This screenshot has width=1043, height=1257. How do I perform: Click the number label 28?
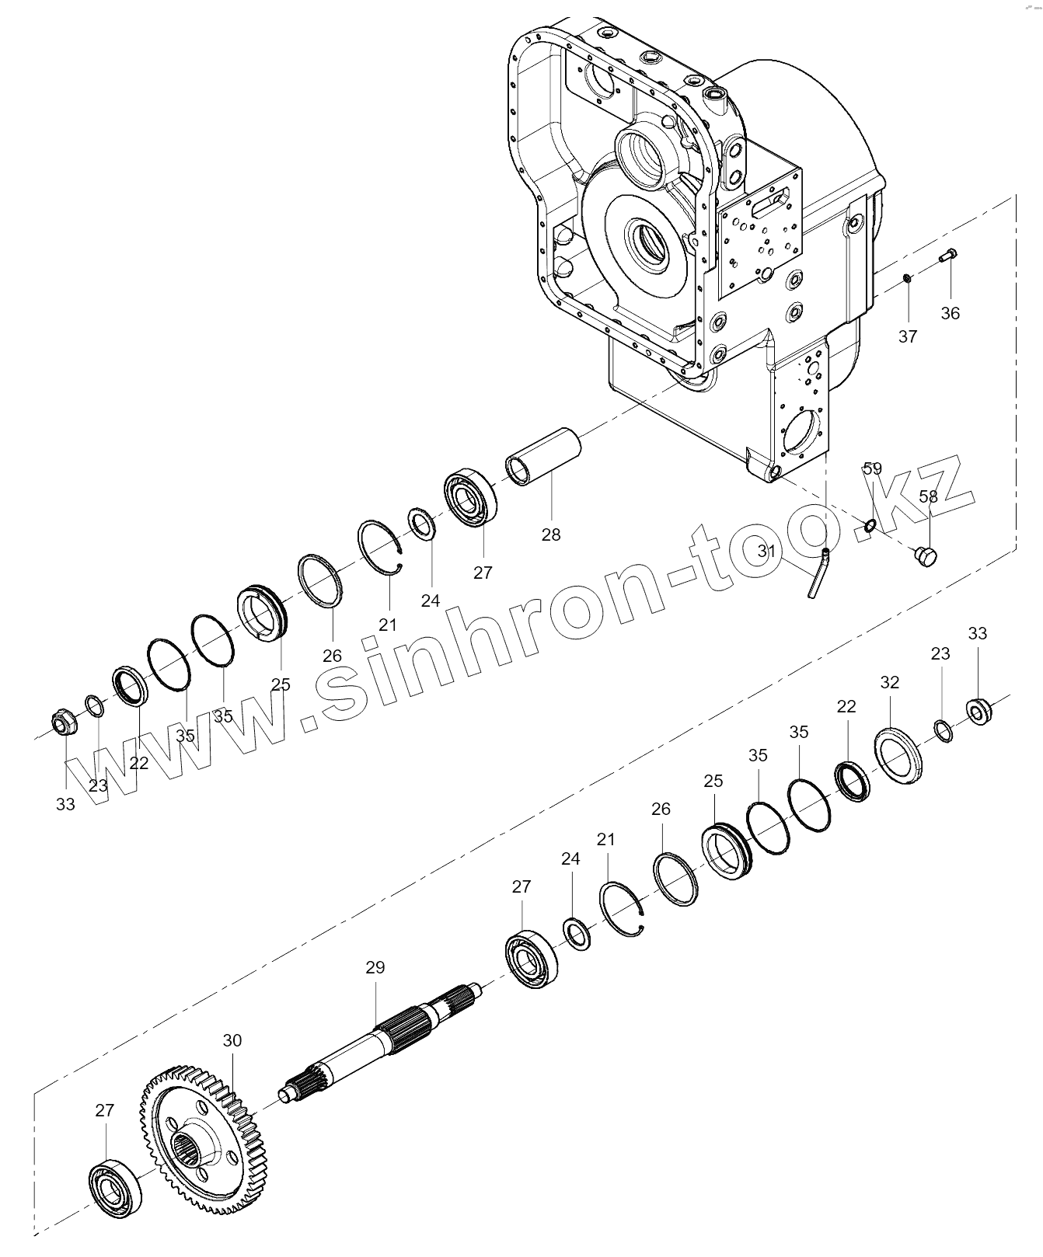[551, 534]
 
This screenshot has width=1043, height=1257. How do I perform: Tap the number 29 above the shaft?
[375, 967]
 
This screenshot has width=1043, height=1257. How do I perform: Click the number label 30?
[232, 1040]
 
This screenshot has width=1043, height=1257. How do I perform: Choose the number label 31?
[768, 551]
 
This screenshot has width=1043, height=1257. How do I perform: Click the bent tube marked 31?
[817, 573]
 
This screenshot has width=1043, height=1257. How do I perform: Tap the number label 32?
[890, 682]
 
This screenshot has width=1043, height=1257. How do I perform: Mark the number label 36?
[951, 313]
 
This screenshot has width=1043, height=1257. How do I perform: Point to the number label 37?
[908, 336]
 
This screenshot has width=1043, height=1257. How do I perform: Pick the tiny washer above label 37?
[906, 277]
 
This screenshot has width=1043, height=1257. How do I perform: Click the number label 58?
[928, 496]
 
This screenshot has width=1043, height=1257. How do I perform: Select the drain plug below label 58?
[927, 556]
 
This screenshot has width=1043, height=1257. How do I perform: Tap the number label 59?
[873, 468]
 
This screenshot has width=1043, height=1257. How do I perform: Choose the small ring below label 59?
[870, 526]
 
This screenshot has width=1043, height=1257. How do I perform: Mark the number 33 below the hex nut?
[65, 804]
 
